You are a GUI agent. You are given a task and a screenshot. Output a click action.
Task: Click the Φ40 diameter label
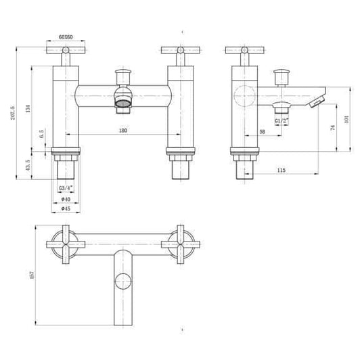pyautogui.click(x=66, y=198)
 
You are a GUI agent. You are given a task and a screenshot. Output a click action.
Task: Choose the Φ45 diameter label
pyautogui.click(x=66, y=209)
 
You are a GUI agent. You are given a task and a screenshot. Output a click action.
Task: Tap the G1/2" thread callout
pyautogui.click(x=282, y=120)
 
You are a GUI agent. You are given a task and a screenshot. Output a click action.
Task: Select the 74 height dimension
pyautogui.click(x=332, y=129)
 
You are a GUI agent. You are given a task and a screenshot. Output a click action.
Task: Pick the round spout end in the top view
pyautogui.click(x=123, y=278)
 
